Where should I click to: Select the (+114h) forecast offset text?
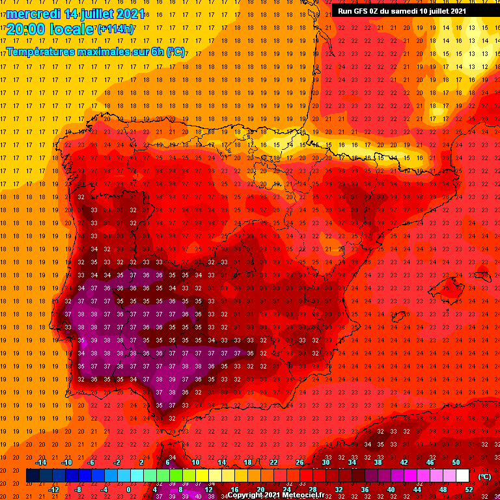117,29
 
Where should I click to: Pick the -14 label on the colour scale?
40,462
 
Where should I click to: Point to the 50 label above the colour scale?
456,462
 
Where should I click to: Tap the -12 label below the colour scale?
53,490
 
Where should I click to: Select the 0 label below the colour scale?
129,490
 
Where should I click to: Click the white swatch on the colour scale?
463,476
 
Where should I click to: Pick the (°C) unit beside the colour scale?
484,477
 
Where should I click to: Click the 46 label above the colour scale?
430,462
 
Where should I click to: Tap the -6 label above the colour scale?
92,462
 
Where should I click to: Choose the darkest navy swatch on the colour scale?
33,476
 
